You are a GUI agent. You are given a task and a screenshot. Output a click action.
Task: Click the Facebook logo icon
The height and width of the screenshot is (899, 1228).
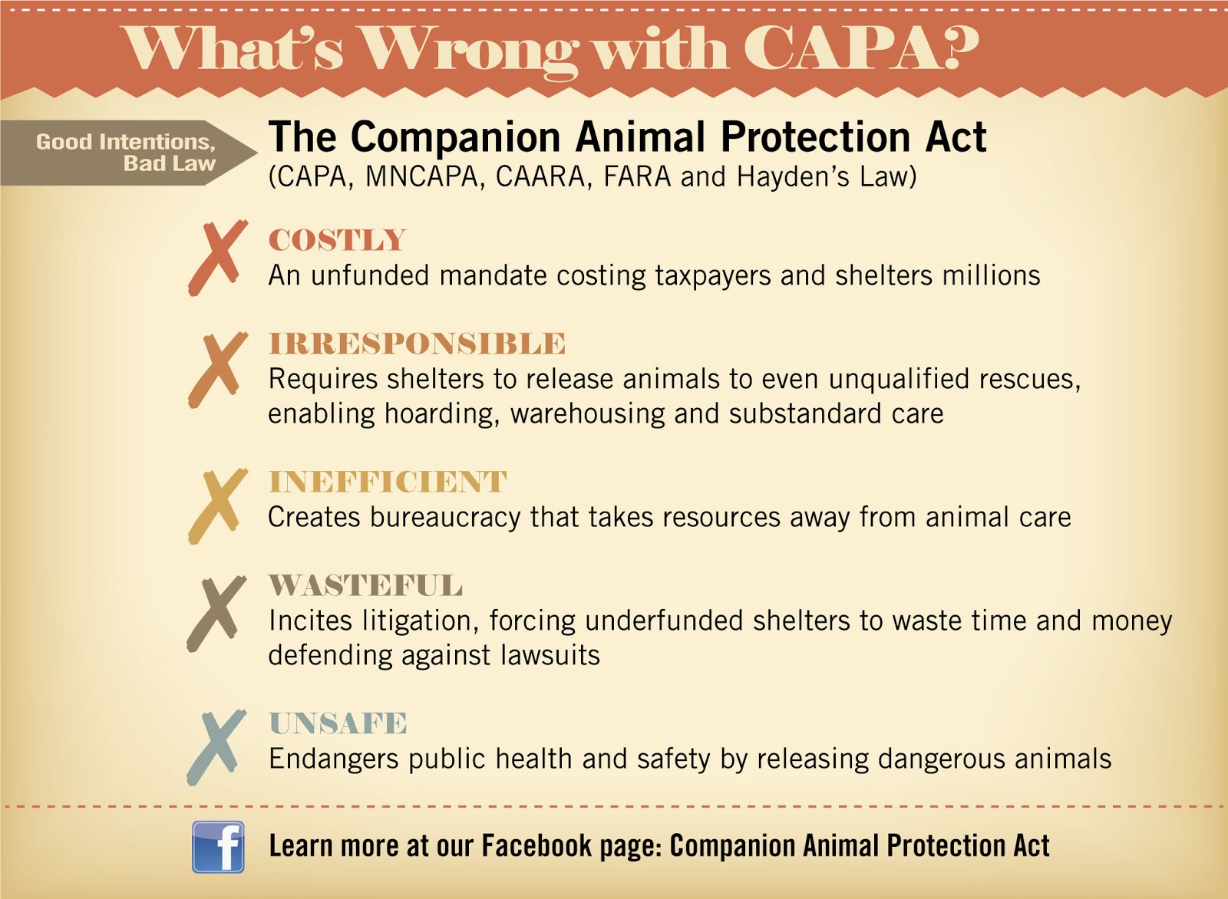point(218,847)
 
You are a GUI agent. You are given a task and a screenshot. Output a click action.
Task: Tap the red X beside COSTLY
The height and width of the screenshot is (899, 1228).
point(218,257)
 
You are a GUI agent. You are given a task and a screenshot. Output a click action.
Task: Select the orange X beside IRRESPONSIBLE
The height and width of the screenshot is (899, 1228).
point(218,369)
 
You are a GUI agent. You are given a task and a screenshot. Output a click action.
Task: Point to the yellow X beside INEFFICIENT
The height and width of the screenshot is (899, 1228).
point(218,505)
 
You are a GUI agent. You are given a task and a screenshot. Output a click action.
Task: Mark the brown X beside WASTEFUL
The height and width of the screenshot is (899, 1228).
point(217,614)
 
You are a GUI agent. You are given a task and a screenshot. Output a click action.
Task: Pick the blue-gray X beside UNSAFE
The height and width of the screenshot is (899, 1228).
point(217,747)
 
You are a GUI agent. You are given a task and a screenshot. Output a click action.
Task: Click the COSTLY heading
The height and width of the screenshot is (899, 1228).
point(337,240)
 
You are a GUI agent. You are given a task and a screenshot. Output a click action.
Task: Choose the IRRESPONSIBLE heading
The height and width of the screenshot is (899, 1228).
point(417,344)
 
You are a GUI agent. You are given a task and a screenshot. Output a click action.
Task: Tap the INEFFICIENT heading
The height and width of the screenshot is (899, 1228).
point(388,482)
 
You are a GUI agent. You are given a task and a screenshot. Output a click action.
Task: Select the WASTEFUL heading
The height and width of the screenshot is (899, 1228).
point(365,585)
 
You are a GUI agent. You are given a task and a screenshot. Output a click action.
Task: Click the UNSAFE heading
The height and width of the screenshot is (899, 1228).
point(338,723)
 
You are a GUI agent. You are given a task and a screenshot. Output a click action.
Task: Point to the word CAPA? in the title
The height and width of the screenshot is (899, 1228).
point(860,49)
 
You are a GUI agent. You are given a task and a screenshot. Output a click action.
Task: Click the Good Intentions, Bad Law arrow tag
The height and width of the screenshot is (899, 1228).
point(127,153)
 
